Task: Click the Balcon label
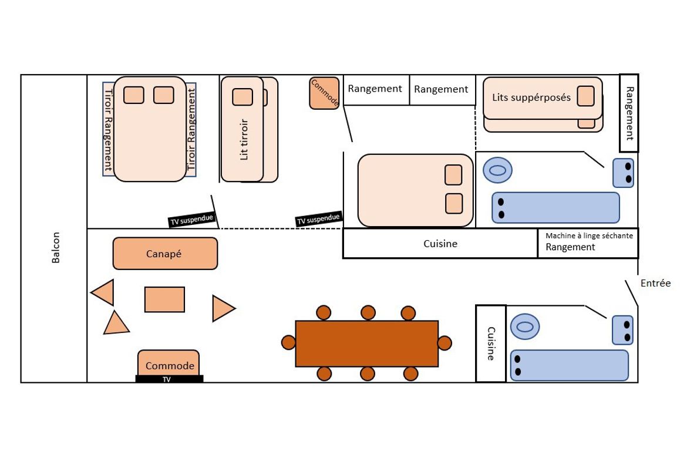(56, 248)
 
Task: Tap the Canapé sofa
(165, 253)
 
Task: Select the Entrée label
(655, 283)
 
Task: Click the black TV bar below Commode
(169, 379)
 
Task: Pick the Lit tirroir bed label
(244, 139)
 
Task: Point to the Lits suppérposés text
(531, 97)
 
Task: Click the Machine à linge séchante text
(589, 236)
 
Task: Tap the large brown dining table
(367, 343)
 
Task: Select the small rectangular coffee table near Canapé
(165, 299)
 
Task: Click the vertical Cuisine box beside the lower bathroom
(491, 343)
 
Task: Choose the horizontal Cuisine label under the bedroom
(440, 244)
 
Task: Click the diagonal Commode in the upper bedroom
(324, 93)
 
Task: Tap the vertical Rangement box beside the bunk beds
(629, 113)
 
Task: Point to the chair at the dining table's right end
(444, 343)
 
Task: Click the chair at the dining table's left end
(288, 342)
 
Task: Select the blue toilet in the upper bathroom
(498, 170)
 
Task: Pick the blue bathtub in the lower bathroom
(570, 365)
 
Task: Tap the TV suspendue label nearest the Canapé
(191, 220)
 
